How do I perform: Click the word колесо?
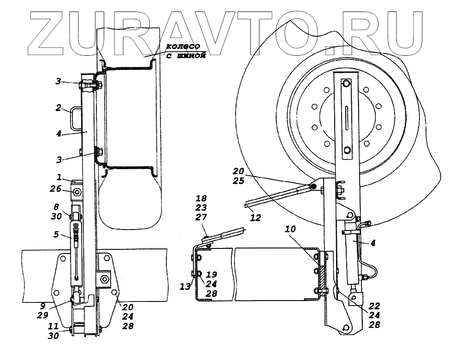[x=183, y=47]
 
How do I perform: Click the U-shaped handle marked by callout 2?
[x=77, y=119]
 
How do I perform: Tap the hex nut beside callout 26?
[x=77, y=191]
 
